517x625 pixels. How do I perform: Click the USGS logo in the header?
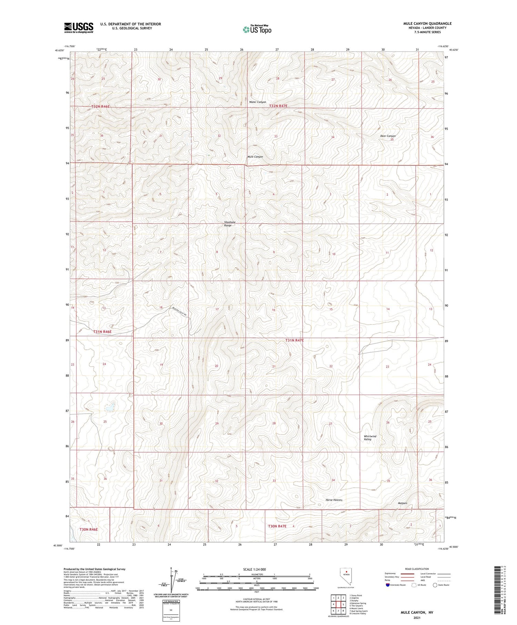[x=79, y=28]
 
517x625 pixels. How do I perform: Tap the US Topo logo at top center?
[x=257, y=29]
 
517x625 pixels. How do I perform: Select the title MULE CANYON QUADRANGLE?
[x=427, y=23]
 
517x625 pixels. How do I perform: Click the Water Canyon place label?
[x=257, y=102]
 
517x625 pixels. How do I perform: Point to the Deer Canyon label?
[x=388, y=136]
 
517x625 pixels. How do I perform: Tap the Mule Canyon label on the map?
[x=255, y=157]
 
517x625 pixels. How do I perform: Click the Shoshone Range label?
[x=230, y=224]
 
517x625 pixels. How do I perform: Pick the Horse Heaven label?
[x=334, y=500]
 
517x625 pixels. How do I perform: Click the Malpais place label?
[x=402, y=503]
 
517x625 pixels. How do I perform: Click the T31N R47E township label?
[x=294, y=340]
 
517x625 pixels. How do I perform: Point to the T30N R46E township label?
[x=89, y=529]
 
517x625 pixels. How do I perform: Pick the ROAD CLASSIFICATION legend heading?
[x=417, y=569]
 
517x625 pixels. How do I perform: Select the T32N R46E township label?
[x=101, y=107]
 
